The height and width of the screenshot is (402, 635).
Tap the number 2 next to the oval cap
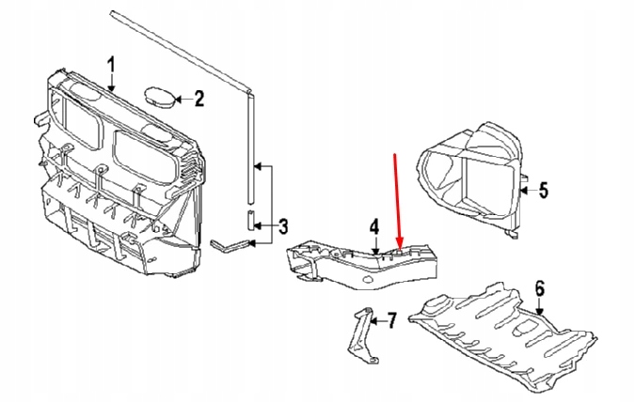pos(199,98)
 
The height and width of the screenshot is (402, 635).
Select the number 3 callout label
pos(283,225)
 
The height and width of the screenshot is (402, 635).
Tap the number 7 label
pos(391,321)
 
